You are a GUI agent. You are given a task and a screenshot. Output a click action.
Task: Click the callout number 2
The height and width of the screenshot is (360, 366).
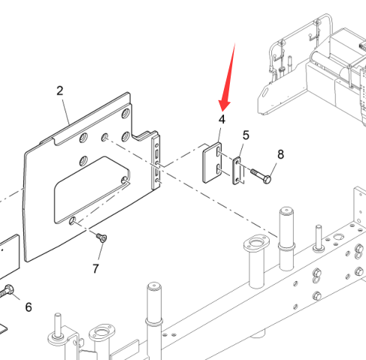click(x=59, y=91)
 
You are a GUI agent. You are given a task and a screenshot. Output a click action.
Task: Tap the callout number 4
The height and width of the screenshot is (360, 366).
click(x=222, y=119)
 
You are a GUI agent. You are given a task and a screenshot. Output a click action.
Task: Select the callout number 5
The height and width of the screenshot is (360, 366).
click(x=246, y=135)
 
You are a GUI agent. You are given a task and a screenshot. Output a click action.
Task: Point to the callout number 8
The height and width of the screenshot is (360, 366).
click(x=280, y=154)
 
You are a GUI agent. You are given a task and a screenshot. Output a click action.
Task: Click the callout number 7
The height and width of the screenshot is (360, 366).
click(x=95, y=268)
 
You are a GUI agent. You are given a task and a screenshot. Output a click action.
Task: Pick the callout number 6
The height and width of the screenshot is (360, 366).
click(x=29, y=307)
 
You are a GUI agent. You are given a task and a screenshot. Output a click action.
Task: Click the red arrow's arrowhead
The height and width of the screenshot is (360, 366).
click(x=224, y=105)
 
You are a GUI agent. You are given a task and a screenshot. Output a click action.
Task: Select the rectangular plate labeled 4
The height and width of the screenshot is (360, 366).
click(x=212, y=162)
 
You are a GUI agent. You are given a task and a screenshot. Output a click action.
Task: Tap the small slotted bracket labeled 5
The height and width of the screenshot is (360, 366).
click(x=237, y=171)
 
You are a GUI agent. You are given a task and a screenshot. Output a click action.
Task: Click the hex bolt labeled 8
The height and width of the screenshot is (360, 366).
click(x=261, y=174)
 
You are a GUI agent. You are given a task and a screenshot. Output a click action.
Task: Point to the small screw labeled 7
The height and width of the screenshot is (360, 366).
click(x=102, y=237)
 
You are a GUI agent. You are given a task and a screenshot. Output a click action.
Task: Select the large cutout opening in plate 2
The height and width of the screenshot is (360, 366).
click(x=92, y=189)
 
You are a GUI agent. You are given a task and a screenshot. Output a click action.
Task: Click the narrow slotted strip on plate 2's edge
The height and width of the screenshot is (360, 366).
click(x=156, y=162)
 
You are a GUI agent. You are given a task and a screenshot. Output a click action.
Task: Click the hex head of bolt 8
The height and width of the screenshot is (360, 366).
click(x=267, y=179)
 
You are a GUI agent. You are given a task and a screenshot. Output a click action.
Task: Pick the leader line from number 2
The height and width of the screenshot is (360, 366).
click(x=66, y=111)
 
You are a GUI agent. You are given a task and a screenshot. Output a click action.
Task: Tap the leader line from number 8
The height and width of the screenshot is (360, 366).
click(x=274, y=169)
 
